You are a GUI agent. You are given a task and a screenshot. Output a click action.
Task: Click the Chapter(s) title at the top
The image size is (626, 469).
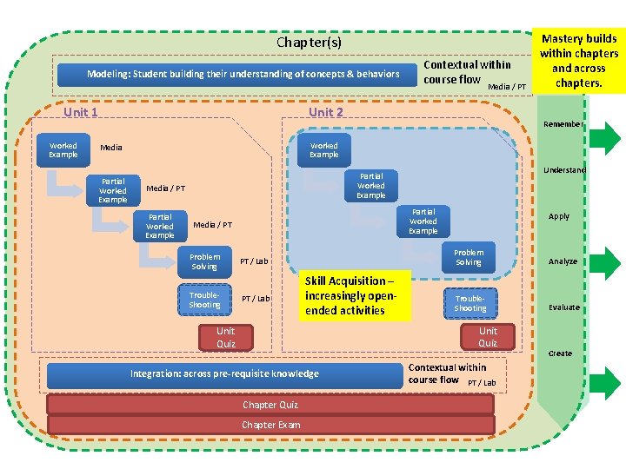pos(309,42)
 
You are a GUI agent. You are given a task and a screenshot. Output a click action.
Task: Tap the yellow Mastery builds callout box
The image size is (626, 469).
pos(578,61)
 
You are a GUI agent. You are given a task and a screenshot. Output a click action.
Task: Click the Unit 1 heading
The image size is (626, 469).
pos(81,112)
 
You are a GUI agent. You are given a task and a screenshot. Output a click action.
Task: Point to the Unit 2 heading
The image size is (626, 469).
pos(326,112)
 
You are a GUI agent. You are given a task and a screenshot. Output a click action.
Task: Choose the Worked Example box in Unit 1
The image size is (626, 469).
pos(63,150)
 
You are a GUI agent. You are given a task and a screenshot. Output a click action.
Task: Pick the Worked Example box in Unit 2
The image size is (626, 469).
pos(324,150)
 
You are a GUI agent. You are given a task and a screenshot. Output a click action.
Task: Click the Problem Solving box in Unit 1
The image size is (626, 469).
pos(205,261)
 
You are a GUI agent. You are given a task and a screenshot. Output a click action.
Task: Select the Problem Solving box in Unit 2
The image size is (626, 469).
pos(468,257)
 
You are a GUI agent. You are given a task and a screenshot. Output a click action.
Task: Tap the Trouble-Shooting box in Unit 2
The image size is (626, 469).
pos(470,303)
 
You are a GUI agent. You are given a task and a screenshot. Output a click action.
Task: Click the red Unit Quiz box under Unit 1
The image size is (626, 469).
pos(226,337)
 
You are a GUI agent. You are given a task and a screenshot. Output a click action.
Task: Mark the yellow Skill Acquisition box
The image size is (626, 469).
pos(355,295)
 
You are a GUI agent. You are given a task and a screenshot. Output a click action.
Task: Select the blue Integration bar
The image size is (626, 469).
pos(224,374)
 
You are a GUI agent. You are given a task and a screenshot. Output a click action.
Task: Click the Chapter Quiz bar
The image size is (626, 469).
pos(270,405)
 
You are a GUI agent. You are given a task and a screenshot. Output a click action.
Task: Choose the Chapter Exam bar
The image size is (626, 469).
pos(270,425)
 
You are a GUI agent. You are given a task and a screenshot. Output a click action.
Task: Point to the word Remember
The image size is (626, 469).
pos(563,124)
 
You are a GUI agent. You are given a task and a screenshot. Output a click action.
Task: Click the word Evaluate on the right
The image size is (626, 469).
pos(563,307)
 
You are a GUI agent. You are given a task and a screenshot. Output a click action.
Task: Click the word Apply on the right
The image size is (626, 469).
pos(559,216)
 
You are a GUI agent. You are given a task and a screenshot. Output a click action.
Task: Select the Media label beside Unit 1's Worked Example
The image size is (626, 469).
pos(111,148)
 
